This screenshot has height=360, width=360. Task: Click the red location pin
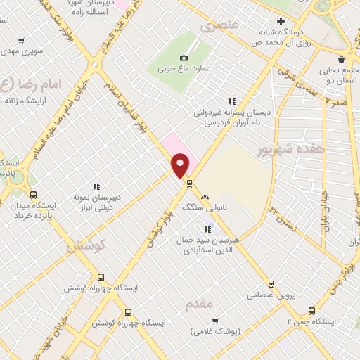click(181, 165)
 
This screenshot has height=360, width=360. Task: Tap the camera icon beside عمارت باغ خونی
click(184, 57)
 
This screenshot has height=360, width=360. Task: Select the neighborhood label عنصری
click(220, 27)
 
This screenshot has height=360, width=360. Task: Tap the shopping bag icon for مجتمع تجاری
click(342, 59)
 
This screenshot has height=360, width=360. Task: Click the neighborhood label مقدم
click(198, 304)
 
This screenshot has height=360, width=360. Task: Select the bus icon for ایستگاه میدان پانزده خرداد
click(32, 195)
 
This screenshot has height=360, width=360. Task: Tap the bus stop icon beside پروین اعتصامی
click(270, 284)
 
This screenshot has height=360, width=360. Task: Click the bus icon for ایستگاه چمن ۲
click(311, 309)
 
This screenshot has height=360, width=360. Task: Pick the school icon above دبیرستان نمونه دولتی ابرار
click(96, 186)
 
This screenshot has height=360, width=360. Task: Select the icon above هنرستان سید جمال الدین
click(207, 229)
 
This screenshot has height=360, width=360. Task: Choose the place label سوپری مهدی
click(22, 51)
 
